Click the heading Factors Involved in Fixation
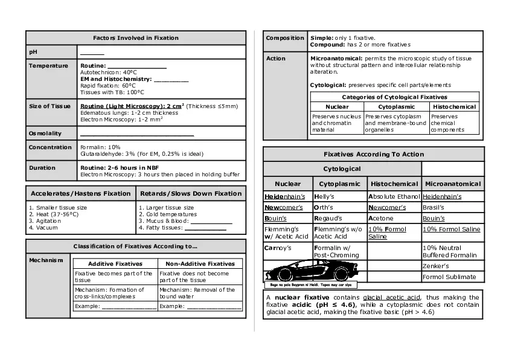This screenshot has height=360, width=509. click(135, 38)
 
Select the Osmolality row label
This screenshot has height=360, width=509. click(45, 133)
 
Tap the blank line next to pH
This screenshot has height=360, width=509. click(92, 53)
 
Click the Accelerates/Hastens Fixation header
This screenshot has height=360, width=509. click(80, 194)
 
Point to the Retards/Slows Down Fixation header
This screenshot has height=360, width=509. click(191, 194)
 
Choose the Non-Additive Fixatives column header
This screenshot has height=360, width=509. click(200, 264)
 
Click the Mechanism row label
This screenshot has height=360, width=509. click(45, 260)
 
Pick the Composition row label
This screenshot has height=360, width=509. click(285, 38)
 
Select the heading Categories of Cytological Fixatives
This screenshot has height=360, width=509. click(394, 97)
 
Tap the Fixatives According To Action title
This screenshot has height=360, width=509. click(373, 155)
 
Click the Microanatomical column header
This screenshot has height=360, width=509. click(453, 184)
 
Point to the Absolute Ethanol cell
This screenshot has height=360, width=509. click(394, 197)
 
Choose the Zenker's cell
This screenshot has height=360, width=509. click(436, 266)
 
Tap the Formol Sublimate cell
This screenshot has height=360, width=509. click(450, 277)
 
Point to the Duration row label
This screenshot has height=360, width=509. click(42, 168)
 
